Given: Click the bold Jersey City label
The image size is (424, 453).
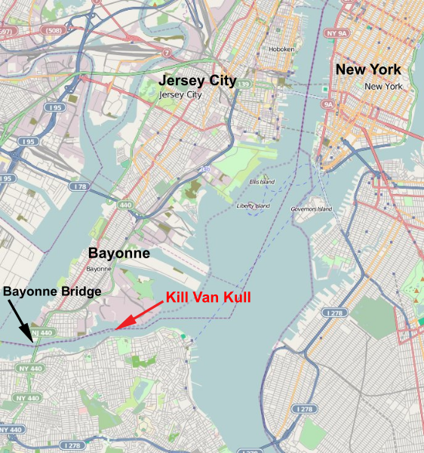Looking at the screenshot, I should click(196, 81).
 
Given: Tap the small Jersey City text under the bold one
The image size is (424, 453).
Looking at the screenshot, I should click(181, 95).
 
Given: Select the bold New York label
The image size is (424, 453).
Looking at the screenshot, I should click(368, 69).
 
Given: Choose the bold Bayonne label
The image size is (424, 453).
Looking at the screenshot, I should click(119, 253).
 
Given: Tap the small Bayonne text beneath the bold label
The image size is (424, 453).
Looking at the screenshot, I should click(99, 269).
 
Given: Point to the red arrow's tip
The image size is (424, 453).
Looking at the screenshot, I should click(115, 329).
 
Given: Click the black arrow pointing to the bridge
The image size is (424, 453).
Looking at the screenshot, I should click(21, 321).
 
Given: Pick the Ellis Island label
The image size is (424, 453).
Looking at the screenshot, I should click(262, 182).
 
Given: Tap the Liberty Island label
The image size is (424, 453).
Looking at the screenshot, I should click(253, 205).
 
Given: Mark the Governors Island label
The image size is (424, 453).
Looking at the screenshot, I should click(312, 209).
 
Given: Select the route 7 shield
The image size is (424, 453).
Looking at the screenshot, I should click(166, 52).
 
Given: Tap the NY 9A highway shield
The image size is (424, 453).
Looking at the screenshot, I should click(338, 34).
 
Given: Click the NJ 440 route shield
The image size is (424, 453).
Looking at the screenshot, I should click(42, 332).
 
